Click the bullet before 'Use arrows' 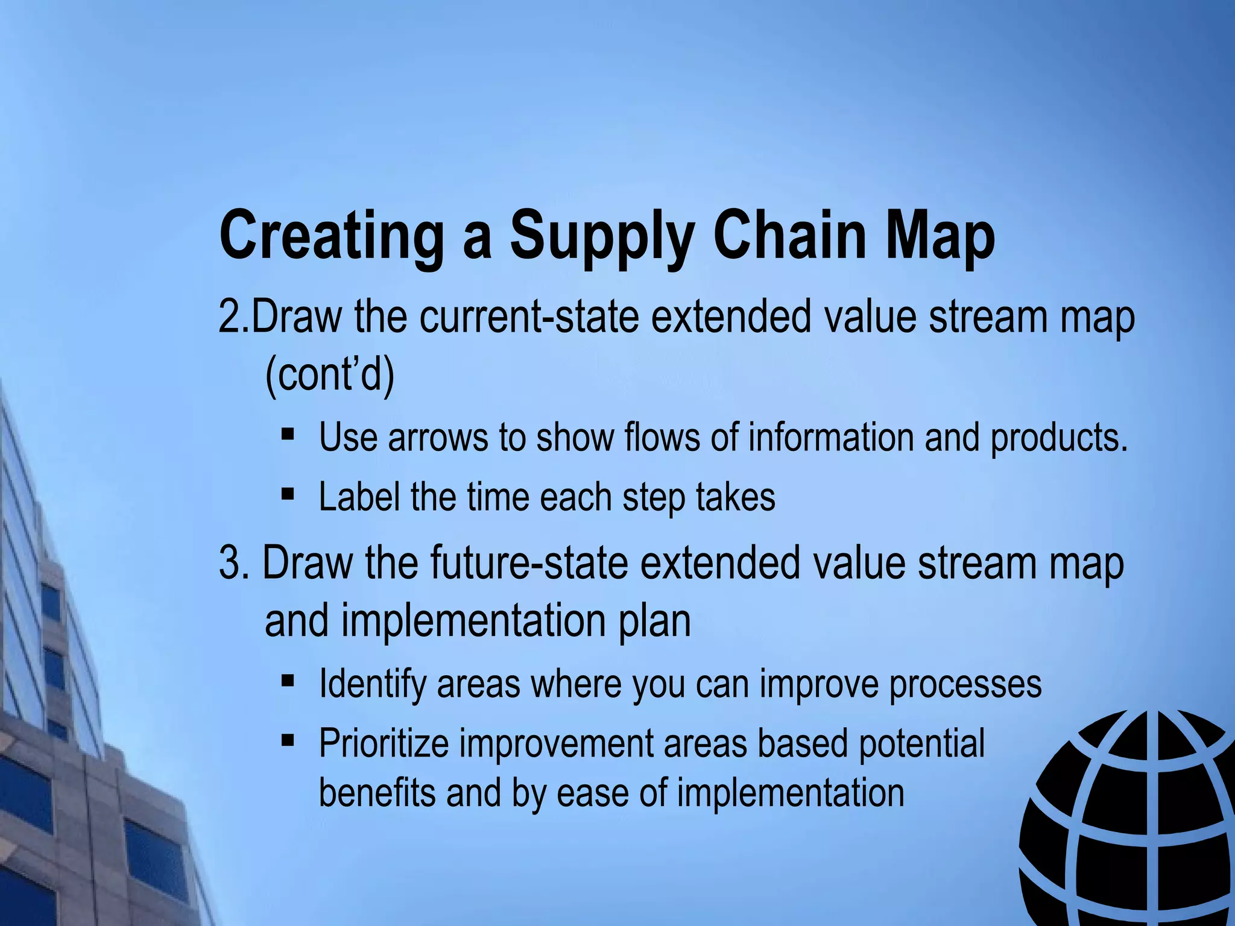pos(288,433)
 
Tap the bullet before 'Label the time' pos(288,494)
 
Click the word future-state pos(528,562)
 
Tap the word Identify pos(372,684)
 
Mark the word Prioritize pos(384,743)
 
